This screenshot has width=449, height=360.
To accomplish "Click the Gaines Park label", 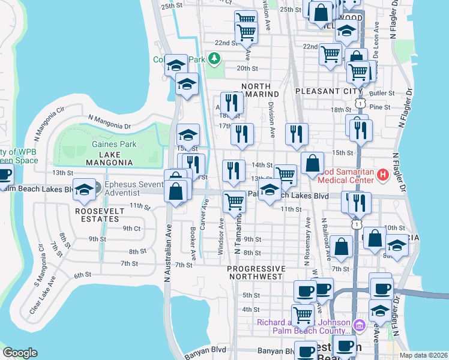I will (x=114, y=144).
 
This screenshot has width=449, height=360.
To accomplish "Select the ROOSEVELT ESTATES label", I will (x=100, y=215).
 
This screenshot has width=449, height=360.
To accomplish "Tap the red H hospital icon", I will (x=382, y=175).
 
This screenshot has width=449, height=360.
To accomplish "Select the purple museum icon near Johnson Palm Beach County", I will (x=360, y=326).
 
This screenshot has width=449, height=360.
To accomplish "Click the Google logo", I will (x=20, y=353).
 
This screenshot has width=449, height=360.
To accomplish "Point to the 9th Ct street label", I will (x=131, y=229).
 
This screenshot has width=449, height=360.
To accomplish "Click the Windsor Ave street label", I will (x=221, y=236).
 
